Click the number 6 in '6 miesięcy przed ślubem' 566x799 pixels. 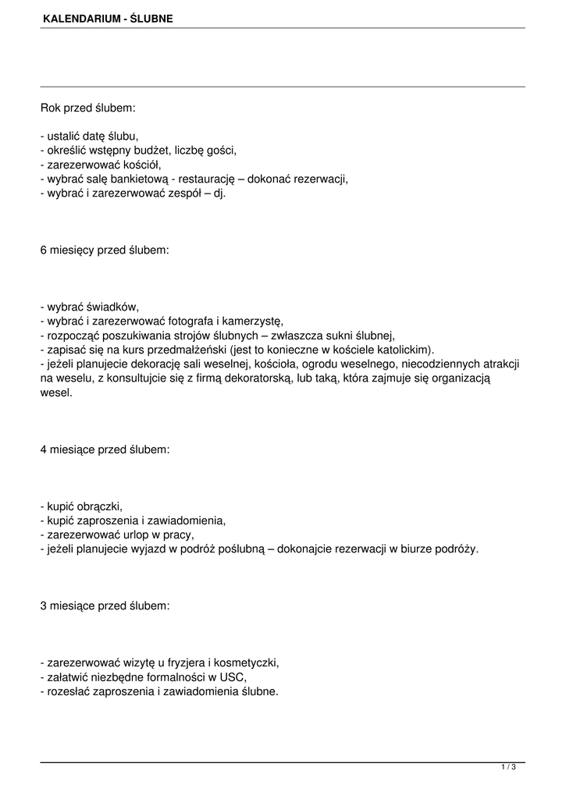click(x=44, y=251)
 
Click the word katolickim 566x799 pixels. click(x=404, y=349)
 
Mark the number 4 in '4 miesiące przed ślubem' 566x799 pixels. click(x=44, y=450)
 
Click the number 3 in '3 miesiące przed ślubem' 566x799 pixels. click(x=44, y=605)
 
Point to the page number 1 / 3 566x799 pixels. click(x=508, y=768)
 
